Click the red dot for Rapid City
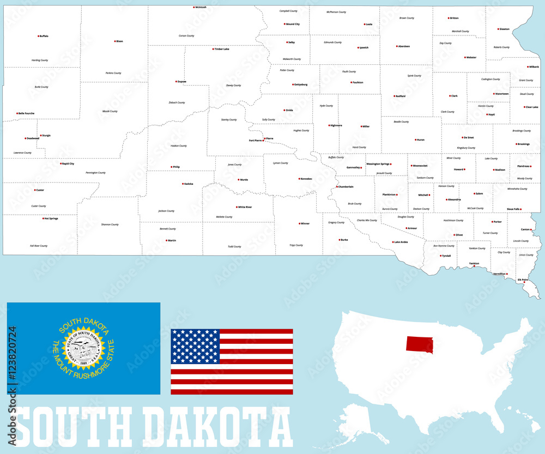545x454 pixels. pyautogui.click(x=61, y=164)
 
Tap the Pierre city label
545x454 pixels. pyautogui.click(x=270, y=138)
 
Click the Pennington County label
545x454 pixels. pyautogui.click(x=95, y=173)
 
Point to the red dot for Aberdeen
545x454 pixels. pyautogui.click(x=397, y=46)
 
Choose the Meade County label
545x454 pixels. pyautogui.click(x=110, y=111)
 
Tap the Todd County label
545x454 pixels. pyautogui.click(x=234, y=246)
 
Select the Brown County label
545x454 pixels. pyautogui.click(x=407, y=18)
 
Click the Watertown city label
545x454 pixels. pyautogui.click(x=501, y=94)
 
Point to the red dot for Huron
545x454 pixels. pyautogui.click(x=416, y=140)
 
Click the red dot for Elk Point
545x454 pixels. pyautogui.click(x=524, y=282)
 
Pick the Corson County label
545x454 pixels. pyautogui.click(x=186, y=36)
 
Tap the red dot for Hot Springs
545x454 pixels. pyautogui.click(x=44, y=219)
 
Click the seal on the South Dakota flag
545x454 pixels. pyautogui.click(x=83, y=349)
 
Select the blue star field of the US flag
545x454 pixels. pyautogui.click(x=195, y=347)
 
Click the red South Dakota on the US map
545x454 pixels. pyautogui.click(x=419, y=344)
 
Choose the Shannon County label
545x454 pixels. pyautogui.click(x=110, y=225)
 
